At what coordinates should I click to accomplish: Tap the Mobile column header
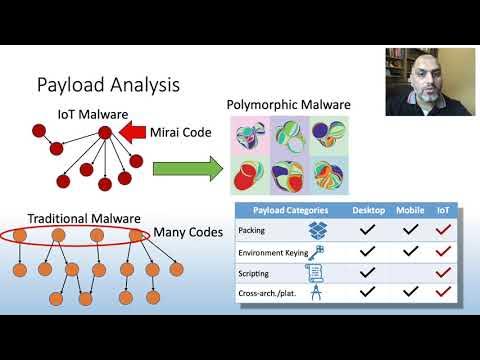pyautogui.click(x=411, y=211)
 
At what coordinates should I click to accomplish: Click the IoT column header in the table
pyautogui.click(x=443, y=211)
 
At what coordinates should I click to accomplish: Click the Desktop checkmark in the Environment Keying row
pyautogui.click(x=368, y=251)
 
